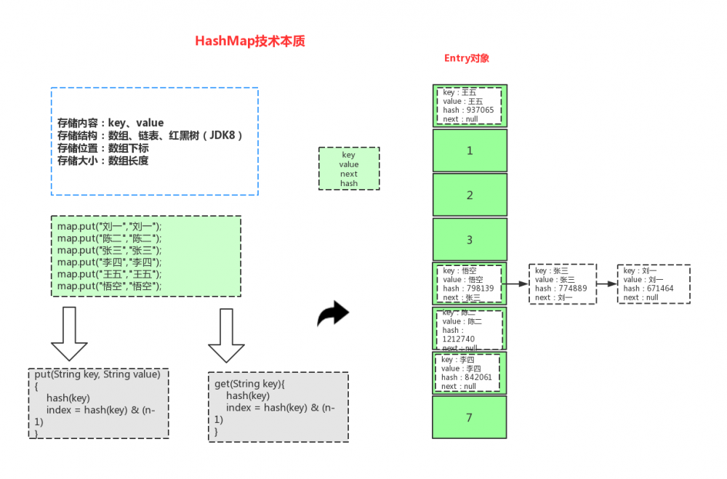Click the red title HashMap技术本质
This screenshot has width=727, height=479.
249,41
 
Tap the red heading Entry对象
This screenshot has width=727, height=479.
466,58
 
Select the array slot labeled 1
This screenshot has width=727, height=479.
470,150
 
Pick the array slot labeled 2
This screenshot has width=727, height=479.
470,195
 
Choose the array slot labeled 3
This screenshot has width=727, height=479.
470,240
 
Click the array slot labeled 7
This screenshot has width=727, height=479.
470,417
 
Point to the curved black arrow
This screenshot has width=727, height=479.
334,314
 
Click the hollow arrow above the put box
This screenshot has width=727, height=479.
70,334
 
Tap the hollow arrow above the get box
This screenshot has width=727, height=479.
226,334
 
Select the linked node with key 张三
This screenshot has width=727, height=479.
563,283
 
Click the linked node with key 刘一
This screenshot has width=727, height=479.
653,283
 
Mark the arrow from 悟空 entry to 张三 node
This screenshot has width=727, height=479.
517,284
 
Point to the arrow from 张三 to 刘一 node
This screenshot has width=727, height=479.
606,283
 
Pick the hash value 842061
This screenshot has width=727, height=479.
476,377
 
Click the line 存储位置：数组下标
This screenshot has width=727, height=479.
103,148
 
